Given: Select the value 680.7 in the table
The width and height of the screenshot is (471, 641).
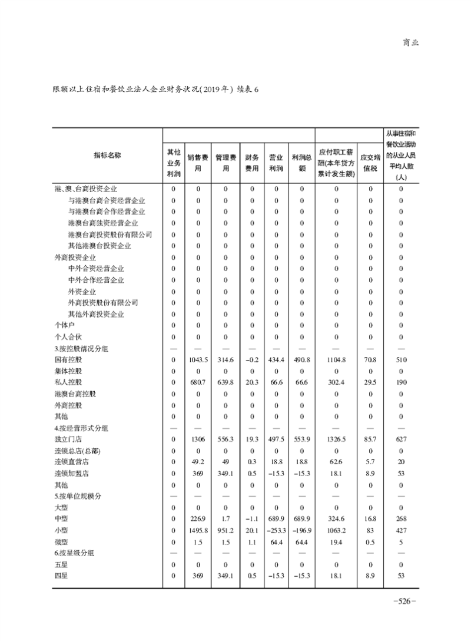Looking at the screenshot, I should (x=198, y=382).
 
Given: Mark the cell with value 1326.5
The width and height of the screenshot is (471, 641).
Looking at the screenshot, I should (x=336, y=439).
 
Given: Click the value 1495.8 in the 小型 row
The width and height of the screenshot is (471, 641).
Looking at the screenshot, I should (x=198, y=530).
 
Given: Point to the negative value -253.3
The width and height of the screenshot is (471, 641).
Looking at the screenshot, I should (x=276, y=530).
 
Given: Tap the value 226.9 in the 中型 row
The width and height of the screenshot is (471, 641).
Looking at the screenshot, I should (x=198, y=518).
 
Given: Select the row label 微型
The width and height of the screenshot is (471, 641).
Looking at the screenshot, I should (x=61, y=541).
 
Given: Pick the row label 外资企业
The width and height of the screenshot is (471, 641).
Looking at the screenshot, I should (x=82, y=292).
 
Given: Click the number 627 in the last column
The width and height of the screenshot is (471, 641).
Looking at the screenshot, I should (x=400, y=439).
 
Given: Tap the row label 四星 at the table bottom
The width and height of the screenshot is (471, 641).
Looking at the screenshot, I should (x=61, y=576).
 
